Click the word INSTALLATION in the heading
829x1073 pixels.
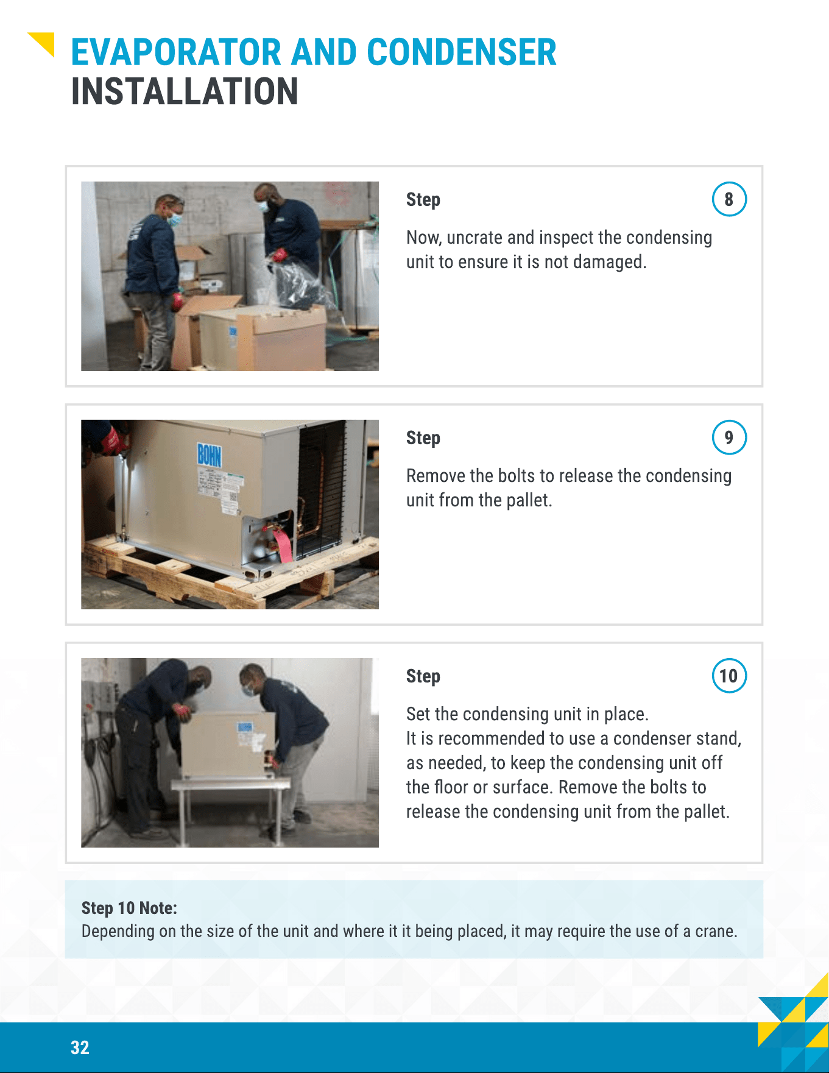pos(185,91)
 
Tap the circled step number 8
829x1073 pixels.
pos(729,199)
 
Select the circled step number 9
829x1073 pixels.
pos(729,437)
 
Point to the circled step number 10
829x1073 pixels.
pos(729,676)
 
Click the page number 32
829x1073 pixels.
pos(80,1047)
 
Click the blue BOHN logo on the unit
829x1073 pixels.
pos(209,455)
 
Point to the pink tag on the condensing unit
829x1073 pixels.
pos(282,544)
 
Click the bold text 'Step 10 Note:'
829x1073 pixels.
pos(129,908)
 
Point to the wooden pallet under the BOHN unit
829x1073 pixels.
pos(225,573)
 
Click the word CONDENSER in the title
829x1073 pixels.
pos(461,52)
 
